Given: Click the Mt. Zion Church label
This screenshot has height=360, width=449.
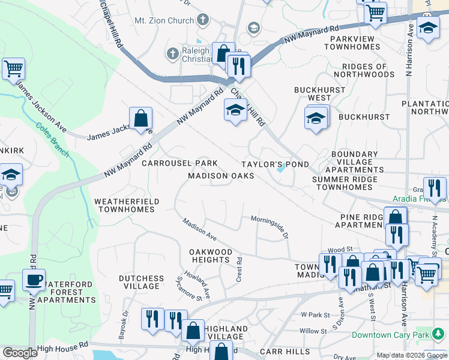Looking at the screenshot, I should pyautogui.click(x=164, y=20).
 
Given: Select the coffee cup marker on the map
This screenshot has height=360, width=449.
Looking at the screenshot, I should pyautogui.click(x=34, y=279).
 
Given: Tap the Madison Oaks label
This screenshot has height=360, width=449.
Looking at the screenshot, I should pyautogui.click(x=221, y=176).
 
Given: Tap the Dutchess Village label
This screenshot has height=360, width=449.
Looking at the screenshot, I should pyautogui.click(x=141, y=282).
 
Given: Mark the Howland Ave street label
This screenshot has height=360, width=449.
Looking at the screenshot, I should pyautogui.click(x=202, y=284).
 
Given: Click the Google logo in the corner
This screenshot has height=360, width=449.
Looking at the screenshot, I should pyautogui.click(x=19, y=353).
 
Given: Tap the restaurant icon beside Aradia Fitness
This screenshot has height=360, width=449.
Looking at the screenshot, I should pyautogui.click(x=434, y=187).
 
